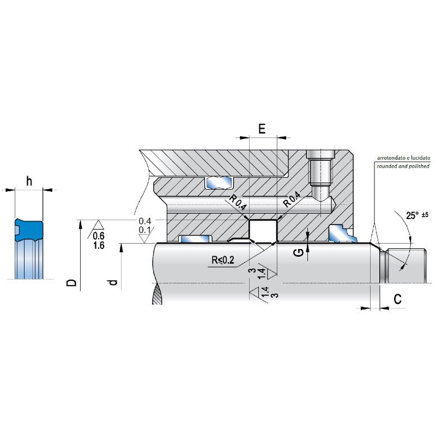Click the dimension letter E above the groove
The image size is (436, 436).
pos(262,129)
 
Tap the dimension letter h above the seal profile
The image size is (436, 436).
pos(29,181)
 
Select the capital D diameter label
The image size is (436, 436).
pos(71,282)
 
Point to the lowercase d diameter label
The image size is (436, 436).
pos(113,282)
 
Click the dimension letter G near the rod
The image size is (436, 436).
pos(299,252)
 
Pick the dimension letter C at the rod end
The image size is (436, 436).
pos(398,299)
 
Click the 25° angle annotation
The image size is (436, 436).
pos(412,215)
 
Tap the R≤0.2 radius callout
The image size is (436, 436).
pos(223,260)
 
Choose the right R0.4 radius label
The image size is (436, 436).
pos(292,199)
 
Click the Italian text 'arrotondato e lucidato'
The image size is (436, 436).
pos(403,158)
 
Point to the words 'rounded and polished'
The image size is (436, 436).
pos(403,166)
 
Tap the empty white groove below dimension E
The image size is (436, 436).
pos(263,231)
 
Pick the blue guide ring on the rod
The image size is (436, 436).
pos(195,239)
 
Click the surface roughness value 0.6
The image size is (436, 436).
pos(99,236)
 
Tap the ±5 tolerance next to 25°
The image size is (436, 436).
pos(425,215)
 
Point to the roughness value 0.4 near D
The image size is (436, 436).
pos(145,221)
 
